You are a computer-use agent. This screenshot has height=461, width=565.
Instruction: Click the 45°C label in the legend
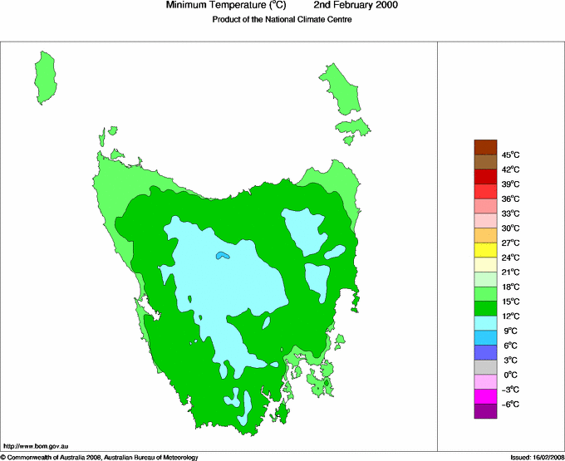510,154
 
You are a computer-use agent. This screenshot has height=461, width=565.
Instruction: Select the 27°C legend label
510,243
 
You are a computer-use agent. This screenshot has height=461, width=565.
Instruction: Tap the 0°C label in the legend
510,375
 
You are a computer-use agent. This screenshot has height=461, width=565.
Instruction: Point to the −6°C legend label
510,404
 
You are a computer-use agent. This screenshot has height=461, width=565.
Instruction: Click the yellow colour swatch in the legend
485,250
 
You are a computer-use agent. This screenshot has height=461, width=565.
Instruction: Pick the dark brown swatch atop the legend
485,147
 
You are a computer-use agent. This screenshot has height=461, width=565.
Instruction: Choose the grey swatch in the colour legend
485,367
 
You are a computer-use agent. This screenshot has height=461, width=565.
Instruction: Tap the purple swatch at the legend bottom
485,411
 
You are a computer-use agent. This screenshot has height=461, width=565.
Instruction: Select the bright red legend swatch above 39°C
485,176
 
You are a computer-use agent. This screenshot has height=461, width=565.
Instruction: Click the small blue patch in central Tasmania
221,256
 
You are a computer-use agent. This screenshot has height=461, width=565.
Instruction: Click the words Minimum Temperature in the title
219,6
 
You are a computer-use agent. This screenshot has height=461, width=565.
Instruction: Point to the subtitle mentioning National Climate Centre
282,20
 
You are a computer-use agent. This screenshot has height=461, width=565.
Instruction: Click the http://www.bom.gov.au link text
36,447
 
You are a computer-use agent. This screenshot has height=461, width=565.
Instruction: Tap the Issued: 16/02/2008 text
533,457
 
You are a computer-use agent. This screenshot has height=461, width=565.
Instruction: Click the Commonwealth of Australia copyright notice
100,457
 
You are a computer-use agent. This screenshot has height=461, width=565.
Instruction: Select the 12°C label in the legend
510,316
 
